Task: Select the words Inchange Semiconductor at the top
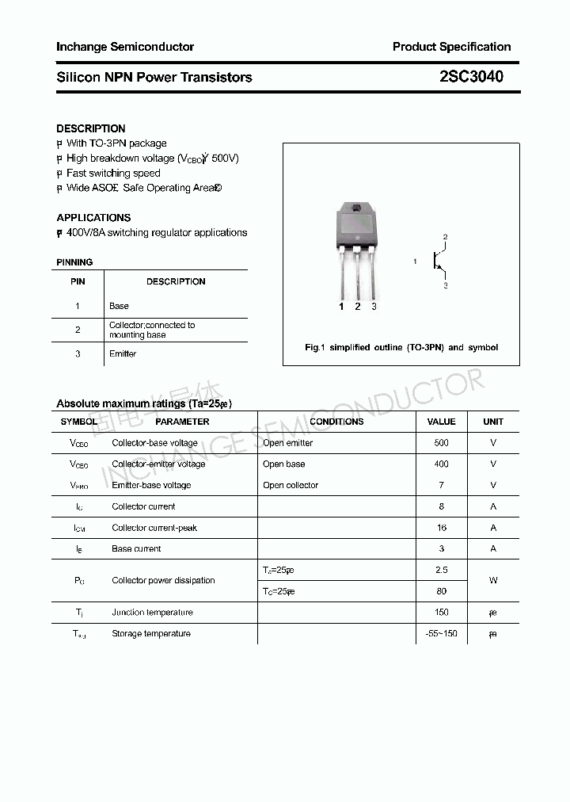[x=125, y=47]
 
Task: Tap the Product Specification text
[x=451, y=47]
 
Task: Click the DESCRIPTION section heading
[x=91, y=128]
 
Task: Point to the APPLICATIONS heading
[x=93, y=217]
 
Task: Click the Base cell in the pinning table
[x=119, y=306]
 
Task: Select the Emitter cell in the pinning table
[x=123, y=353]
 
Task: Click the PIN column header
[x=78, y=281]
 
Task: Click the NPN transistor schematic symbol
[x=438, y=260]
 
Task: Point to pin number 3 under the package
[x=374, y=307]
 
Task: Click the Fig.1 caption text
[x=401, y=348]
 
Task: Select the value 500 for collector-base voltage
[x=441, y=443]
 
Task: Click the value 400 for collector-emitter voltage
[x=441, y=464]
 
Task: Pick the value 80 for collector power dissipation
[x=441, y=591]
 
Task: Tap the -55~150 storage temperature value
[x=441, y=633]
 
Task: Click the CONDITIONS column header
[x=336, y=422]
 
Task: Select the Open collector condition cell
[x=291, y=485]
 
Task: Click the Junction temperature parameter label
[x=152, y=612]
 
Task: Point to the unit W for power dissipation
[x=492, y=580]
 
